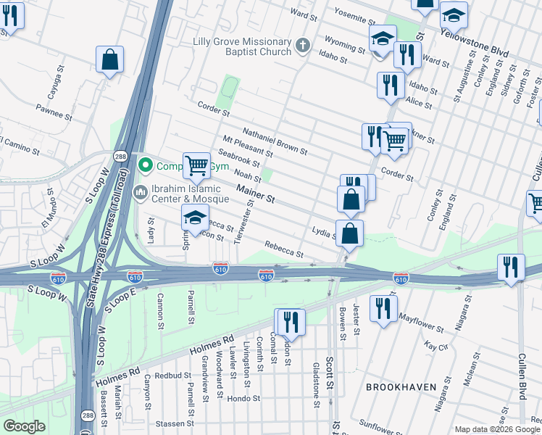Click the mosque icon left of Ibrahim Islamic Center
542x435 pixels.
141,191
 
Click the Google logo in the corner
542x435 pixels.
25,426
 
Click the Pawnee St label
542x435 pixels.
53,111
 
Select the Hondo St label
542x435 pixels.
243,399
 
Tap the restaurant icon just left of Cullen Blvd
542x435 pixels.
512,267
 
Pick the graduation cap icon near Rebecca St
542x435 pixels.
194,217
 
